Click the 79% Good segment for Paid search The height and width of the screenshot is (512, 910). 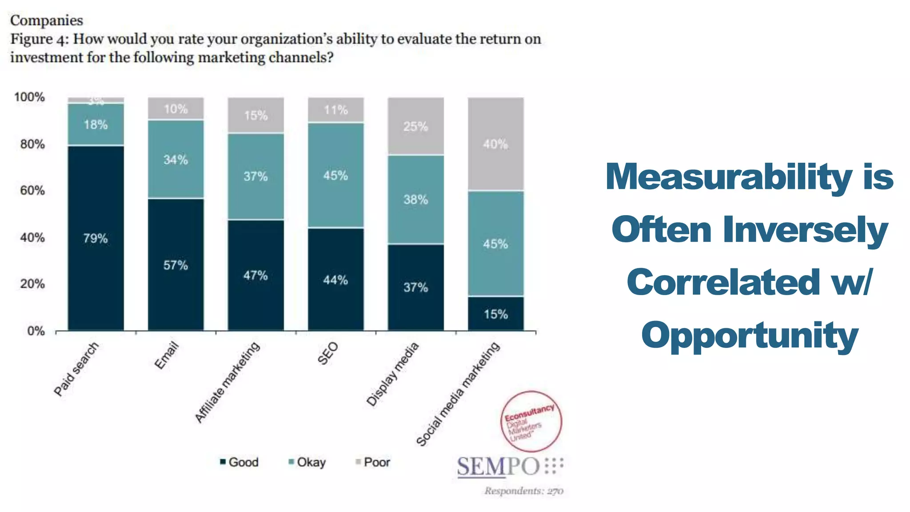(96, 238)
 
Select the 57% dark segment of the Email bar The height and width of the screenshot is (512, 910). (176, 265)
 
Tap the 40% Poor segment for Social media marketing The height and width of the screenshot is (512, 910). (495, 144)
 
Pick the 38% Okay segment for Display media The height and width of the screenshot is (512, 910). (415, 200)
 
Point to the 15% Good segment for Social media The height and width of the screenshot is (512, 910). (495, 314)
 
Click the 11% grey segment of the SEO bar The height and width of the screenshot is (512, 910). (335, 110)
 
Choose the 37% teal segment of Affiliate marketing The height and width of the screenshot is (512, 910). (255, 176)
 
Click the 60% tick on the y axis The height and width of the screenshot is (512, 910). (32, 191)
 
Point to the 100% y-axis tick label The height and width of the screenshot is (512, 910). (29, 97)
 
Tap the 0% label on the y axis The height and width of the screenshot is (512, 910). (36, 331)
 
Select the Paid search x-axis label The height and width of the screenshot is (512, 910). (76, 369)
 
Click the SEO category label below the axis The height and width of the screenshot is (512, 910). (328, 354)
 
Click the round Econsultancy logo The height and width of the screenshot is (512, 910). (531, 421)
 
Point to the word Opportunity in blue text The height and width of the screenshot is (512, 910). (750, 336)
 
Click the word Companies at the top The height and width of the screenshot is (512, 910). (47, 20)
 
